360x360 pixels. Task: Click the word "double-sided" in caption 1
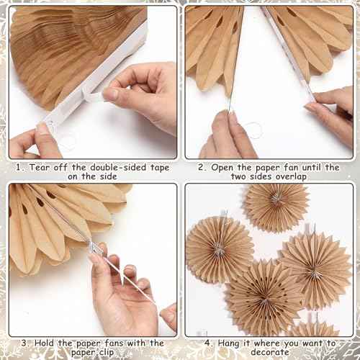(109, 168)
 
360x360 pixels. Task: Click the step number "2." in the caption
(202, 168)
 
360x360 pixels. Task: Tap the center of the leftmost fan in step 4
(219, 249)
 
